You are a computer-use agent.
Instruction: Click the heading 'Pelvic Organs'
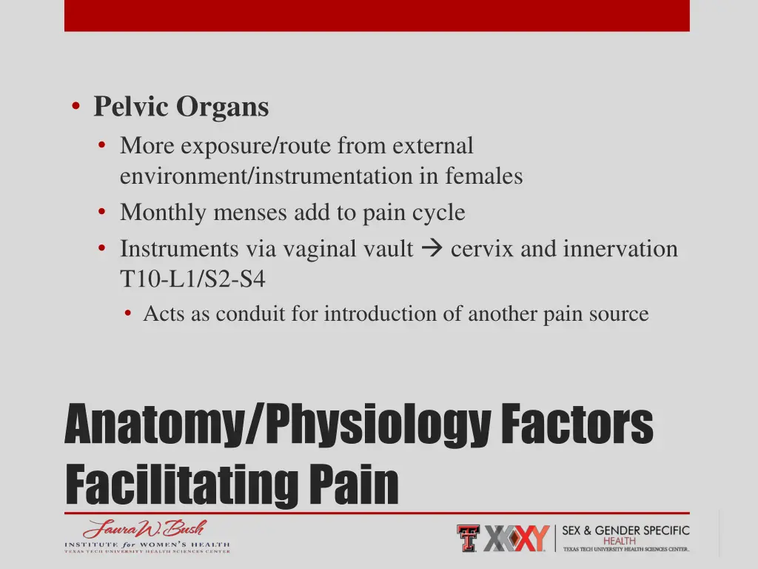(x=181, y=107)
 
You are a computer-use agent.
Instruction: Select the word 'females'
(x=484, y=176)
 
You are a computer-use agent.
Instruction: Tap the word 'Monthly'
(x=164, y=213)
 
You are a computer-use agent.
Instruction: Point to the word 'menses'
(x=251, y=213)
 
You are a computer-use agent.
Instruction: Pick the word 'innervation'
(x=620, y=249)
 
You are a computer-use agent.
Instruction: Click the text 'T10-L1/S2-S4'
(x=192, y=279)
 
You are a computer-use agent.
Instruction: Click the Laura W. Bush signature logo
(x=146, y=530)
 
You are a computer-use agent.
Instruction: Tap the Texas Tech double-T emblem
(x=469, y=538)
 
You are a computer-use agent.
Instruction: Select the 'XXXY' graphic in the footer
(x=517, y=538)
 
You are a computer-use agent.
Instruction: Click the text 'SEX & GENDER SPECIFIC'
(x=625, y=530)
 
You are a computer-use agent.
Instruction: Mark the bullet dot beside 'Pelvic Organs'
(x=76, y=107)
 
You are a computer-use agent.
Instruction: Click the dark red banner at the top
(x=377, y=15)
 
